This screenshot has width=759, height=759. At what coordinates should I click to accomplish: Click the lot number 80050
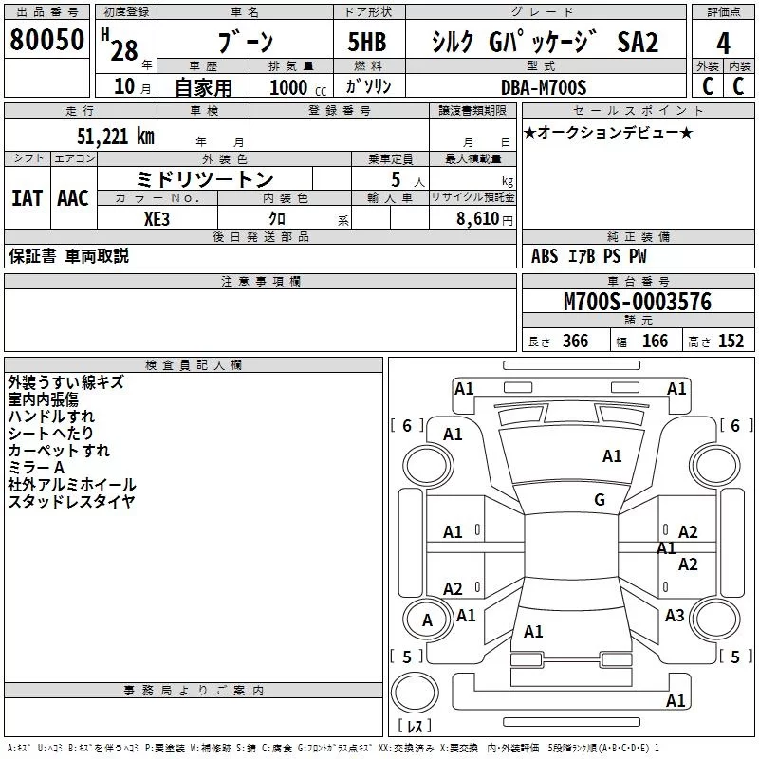click(x=46, y=42)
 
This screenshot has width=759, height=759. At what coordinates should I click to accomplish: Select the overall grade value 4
click(x=724, y=44)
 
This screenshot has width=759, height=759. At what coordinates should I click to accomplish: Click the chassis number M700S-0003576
click(x=637, y=303)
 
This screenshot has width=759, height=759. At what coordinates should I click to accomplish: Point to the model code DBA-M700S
click(x=544, y=87)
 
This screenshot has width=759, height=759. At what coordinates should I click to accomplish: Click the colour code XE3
click(x=157, y=217)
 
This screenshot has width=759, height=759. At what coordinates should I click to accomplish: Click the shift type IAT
click(x=27, y=197)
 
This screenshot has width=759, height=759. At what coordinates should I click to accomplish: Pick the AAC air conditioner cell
click(x=73, y=197)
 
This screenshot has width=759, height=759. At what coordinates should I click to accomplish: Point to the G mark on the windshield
click(x=600, y=500)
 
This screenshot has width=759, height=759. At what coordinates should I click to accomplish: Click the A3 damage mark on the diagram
click(x=675, y=616)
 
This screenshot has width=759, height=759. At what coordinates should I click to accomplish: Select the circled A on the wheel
click(x=427, y=620)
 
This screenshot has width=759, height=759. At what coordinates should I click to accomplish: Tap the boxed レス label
click(x=416, y=728)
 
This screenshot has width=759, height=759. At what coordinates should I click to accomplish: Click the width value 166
click(x=655, y=342)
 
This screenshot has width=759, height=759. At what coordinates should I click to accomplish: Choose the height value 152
click(x=731, y=342)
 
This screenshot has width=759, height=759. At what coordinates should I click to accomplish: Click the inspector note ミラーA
click(x=35, y=468)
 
